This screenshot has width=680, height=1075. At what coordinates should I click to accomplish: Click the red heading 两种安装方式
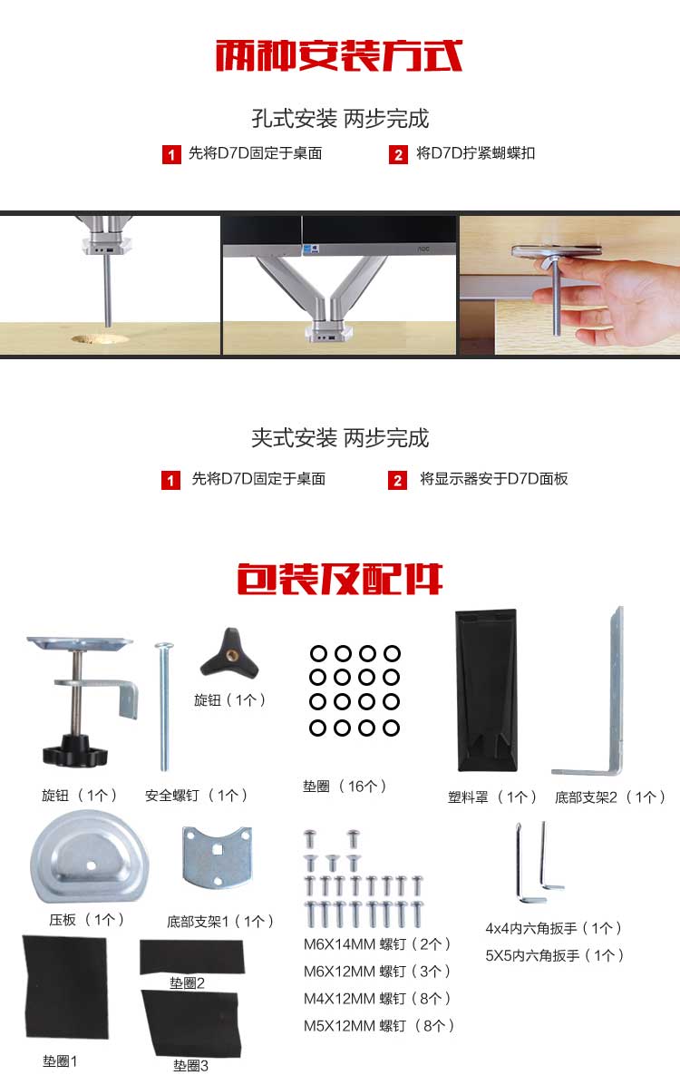click(339, 55)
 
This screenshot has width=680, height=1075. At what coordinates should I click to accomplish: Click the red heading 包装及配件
click(340, 580)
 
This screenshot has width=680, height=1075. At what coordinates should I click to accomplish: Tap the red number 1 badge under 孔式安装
click(170, 154)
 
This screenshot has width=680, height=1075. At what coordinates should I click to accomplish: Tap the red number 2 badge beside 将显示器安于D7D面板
click(398, 480)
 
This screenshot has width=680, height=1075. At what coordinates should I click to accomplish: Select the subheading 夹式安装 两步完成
click(340, 438)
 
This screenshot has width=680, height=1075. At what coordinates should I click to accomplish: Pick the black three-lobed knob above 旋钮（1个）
click(229, 652)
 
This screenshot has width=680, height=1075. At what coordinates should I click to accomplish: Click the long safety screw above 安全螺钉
click(163, 707)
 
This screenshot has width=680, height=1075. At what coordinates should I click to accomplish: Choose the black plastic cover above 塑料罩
click(487, 689)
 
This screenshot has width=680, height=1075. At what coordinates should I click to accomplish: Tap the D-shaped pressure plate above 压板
click(89, 857)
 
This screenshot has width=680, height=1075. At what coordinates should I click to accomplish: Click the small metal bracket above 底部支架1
click(218, 857)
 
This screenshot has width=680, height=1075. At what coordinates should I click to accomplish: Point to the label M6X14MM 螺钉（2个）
click(377, 944)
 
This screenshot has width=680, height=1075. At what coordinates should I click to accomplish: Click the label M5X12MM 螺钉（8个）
click(378, 1026)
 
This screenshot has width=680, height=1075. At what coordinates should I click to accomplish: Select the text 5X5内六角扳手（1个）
click(555, 956)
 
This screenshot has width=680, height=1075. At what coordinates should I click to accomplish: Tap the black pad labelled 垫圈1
click(66, 987)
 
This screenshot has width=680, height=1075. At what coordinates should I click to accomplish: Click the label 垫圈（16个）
click(345, 787)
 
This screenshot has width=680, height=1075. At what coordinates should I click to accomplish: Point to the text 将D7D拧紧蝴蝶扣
click(476, 153)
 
